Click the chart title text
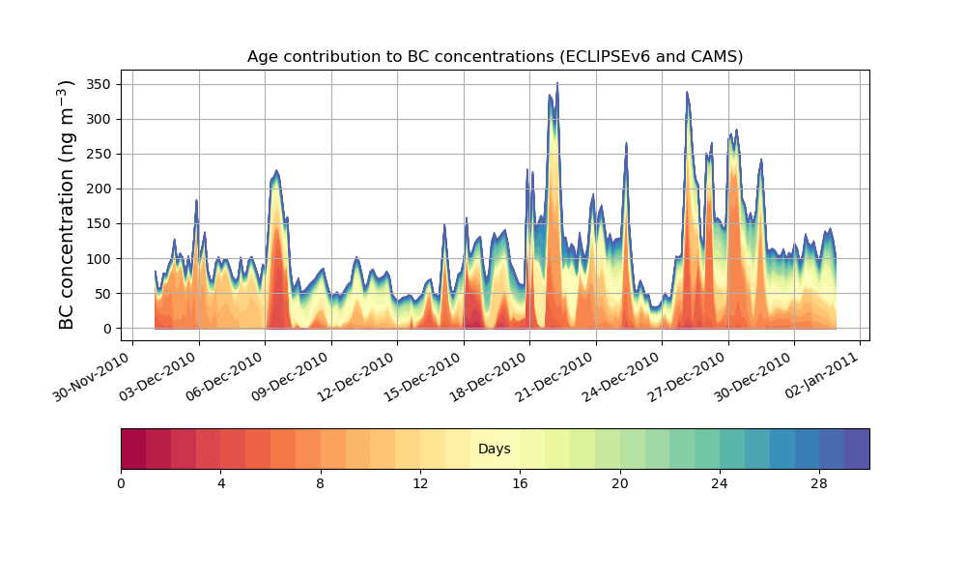coord(495,56)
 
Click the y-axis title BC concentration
coord(67,205)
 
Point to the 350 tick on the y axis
coord(99,84)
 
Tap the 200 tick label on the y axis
coord(99,188)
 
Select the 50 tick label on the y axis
coord(102,293)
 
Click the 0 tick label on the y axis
coord(106,329)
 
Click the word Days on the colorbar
coord(495,449)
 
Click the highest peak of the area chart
coord(557,84)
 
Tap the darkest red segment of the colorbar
coord(133,449)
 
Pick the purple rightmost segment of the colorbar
coord(857,449)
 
